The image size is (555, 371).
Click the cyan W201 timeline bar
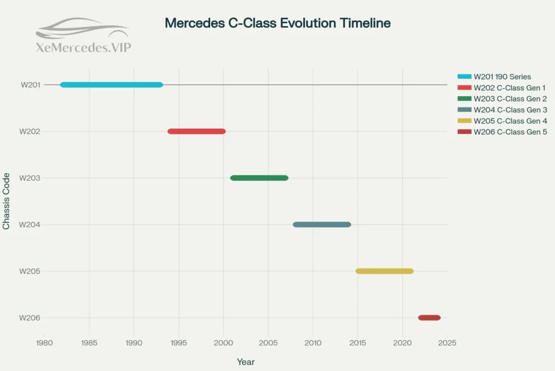tap(111, 85)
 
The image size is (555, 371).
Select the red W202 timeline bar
tap(196, 131)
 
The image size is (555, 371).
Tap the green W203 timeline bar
tap(259, 178)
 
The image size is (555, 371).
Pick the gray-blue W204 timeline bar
tap(322, 224)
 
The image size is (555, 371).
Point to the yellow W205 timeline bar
tap(384, 271)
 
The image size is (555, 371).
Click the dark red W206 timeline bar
tap(429, 318)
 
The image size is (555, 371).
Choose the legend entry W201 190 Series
tap(502, 77)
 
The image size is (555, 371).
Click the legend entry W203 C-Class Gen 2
tap(509, 99)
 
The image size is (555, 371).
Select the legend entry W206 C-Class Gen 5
tap(509, 132)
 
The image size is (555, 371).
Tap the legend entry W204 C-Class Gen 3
tap(509, 110)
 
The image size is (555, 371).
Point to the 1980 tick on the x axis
tap(44, 342)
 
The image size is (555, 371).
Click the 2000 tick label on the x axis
tap(223, 342)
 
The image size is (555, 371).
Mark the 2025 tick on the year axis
tap(447, 342)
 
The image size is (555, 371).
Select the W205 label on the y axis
tap(29, 271)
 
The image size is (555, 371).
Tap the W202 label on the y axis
tap(29, 131)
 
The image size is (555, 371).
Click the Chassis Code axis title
tap(7, 201)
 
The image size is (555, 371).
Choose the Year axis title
tap(246, 362)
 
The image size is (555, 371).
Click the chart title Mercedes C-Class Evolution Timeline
tap(277, 23)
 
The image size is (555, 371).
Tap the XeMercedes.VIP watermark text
tap(83, 48)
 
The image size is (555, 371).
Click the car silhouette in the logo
tap(81, 28)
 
